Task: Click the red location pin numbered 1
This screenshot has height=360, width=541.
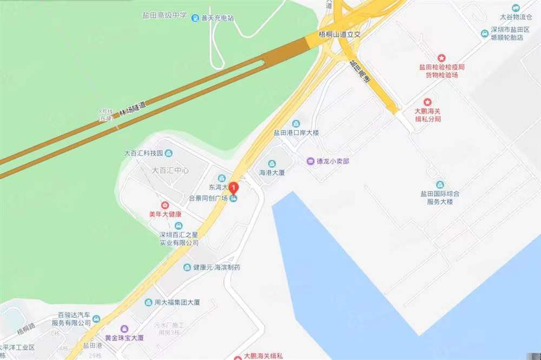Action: [234, 188]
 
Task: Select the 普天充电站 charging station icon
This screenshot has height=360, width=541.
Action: [195, 18]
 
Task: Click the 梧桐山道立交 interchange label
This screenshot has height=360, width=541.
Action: [340, 34]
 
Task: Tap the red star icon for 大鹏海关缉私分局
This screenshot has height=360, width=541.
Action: [428, 102]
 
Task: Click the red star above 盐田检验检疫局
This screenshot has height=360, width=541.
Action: [441, 57]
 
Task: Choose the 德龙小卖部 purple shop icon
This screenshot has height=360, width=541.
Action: [311, 161]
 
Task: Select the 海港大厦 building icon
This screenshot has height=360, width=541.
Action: [272, 164]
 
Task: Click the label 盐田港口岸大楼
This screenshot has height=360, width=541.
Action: [296, 133]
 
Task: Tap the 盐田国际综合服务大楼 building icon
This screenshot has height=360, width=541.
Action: [439, 184]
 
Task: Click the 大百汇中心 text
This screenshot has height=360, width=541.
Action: [170, 170]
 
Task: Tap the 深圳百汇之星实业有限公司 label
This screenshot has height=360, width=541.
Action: [179, 239]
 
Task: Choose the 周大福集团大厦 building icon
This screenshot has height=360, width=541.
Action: [148, 302]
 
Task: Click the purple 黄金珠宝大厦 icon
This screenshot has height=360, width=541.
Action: [124, 329]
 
